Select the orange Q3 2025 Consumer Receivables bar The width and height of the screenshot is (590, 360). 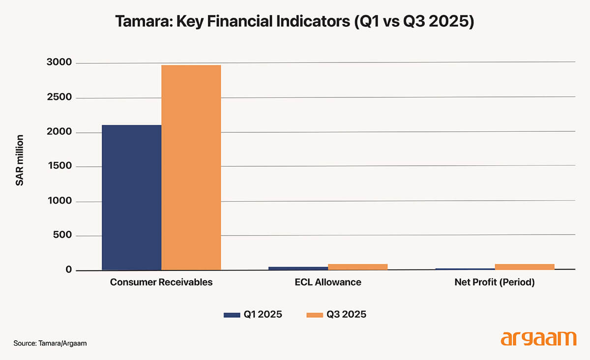(x=191, y=168)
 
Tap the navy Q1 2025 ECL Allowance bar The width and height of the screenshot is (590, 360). (x=298, y=268)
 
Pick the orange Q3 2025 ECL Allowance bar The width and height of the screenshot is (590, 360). (x=357, y=267)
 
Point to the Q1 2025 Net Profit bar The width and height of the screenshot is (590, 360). (x=465, y=269)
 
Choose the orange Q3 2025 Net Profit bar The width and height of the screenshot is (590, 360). (x=524, y=267)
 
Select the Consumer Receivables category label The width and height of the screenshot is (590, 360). (x=161, y=282)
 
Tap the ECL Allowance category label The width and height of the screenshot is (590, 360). (x=328, y=282)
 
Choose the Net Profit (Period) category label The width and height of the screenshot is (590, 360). (x=495, y=282)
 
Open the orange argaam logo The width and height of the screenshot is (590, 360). (x=538, y=339)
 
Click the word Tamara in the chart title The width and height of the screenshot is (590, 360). (x=141, y=22)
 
